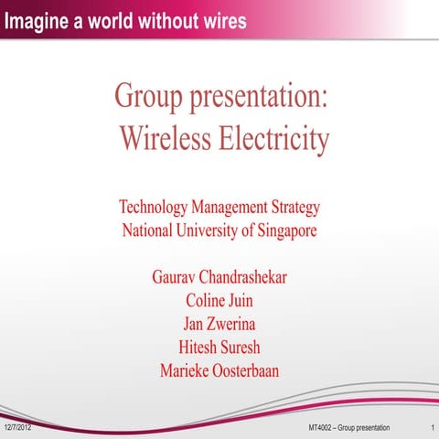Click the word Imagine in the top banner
(38, 21)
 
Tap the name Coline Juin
(219, 300)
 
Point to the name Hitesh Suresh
(219, 348)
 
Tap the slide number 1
(430, 428)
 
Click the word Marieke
(185, 371)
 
